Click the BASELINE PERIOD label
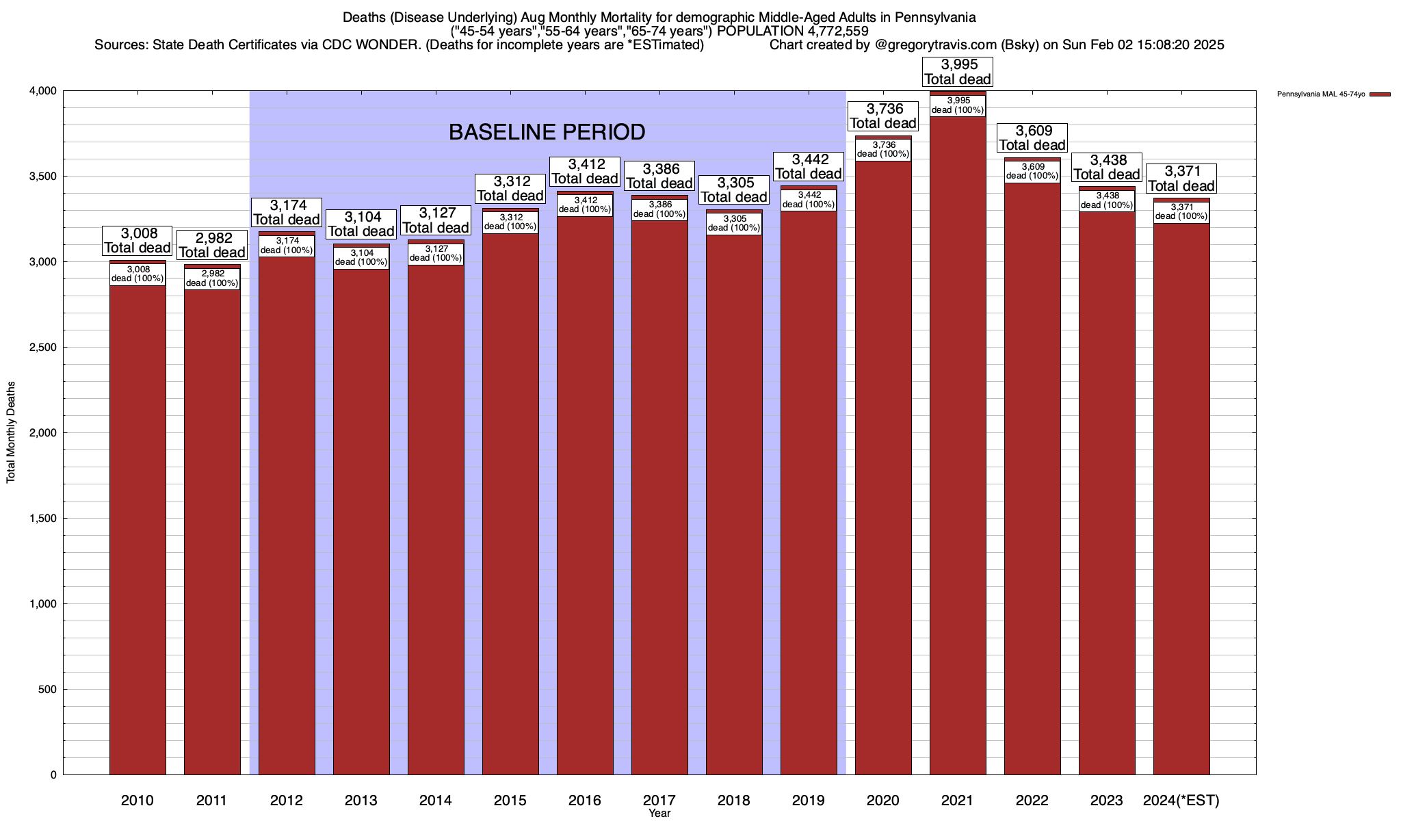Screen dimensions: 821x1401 pos(547,132)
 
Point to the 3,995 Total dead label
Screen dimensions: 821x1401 pos(958,72)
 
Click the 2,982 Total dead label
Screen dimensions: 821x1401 pos(212,245)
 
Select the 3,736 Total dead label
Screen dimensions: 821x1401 pos(883,116)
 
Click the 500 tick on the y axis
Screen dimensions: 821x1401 pos(48,690)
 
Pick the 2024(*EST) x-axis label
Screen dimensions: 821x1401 pos(1181,800)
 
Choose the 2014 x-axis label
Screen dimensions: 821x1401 pos(436,800)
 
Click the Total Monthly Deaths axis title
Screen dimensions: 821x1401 pos(11,432)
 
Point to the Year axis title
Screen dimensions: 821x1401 pos(659,813)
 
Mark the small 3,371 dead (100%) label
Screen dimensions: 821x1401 pos(1181,212)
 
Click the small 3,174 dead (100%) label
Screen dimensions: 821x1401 pos(287,246)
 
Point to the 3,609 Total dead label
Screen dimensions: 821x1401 pos(1032,138)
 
